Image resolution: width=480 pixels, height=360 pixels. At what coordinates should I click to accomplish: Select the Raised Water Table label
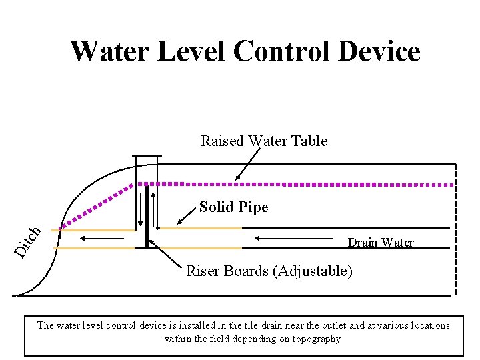[x=264, y=141]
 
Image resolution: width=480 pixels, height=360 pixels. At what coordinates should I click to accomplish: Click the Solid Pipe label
[x=233, y=207]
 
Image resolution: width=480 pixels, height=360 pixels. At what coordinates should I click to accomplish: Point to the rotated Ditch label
[x=29, y=242]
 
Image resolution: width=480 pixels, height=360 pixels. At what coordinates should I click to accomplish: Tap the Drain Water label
[x=381, y=242]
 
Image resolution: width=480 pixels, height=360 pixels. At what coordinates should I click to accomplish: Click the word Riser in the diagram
[x=203, y=271]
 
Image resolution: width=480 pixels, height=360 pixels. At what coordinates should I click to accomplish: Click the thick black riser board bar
[x=147, y=217]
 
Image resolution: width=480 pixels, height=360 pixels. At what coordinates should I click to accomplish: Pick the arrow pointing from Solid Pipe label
[x=186, y=217]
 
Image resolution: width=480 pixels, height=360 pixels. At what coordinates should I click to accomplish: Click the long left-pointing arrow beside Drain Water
[x=294, y=237]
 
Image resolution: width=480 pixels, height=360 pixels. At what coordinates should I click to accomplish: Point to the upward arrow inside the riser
[x=154, y=210]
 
